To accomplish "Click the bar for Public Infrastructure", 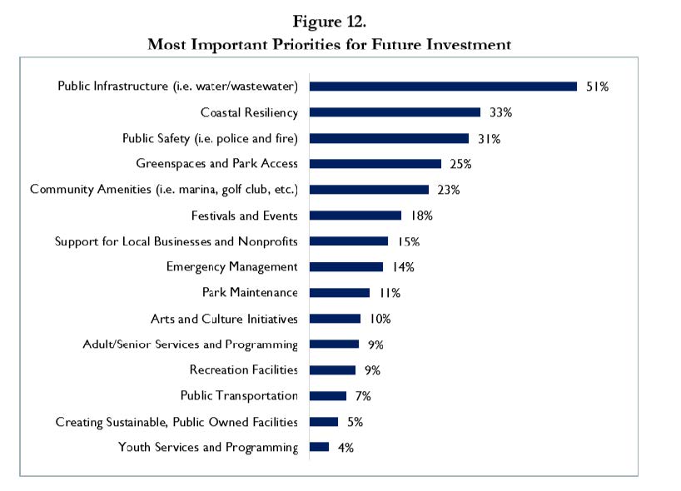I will pyautogui.click(x=443, y=86).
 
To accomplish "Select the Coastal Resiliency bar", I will pyautogui.click(x=395, y=112).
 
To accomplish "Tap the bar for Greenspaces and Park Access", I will pyautogui.click(x=375, y=164).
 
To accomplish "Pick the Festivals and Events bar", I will pyautogui.click(x=355, y=216).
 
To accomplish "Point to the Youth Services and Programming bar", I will pyautogui.click(x=319, y=447).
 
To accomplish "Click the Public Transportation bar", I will pyautogui.click(x=327, y=395).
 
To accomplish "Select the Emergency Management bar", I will pyautogui.click(x=345, y=267).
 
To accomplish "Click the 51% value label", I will pyautogui.click(x=597, y=87).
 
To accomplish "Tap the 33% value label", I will pyautogui.click(x=500, y=112).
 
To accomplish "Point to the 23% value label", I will pyautogui.click(x=448, y=190).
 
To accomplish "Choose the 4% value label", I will pyautogui.click(x=345, y=448).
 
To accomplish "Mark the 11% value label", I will pyautogui.click(x=390, y=293).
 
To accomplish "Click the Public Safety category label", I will pyautogui.click(x=210, y=138).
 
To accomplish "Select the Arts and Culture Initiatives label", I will pyautogui.click(x=224, y=319).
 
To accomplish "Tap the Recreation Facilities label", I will pyautogui.click(x=243, y=370).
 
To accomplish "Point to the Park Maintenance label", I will pyautogui.click(x=250, y=293).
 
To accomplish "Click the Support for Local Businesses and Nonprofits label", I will pyautogui.click(x=176, y=241).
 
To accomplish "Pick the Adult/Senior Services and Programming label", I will pyautogui.click(x=190, y=345).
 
